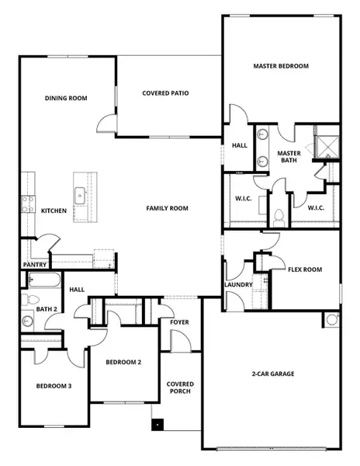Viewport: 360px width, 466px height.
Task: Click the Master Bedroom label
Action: (281, 66)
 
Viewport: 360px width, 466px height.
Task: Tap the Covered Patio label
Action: (166, 93)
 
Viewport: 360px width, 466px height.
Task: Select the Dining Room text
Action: (65, 98)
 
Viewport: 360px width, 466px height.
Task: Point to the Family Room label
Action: (168, 208)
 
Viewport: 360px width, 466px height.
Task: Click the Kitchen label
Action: (54, 210)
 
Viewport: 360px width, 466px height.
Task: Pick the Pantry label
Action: (35, 264)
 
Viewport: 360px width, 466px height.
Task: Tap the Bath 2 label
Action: (47, 309)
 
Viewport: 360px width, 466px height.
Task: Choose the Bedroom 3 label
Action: (54, 386)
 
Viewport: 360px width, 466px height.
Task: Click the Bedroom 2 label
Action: (123, 363)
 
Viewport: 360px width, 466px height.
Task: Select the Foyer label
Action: (180, 322)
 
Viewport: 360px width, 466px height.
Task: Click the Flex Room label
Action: (305, 270)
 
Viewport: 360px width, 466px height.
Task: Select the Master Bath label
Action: (289, 158)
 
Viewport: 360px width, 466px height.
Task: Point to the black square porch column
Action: (158, 425)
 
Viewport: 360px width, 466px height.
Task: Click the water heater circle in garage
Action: (332, 319)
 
